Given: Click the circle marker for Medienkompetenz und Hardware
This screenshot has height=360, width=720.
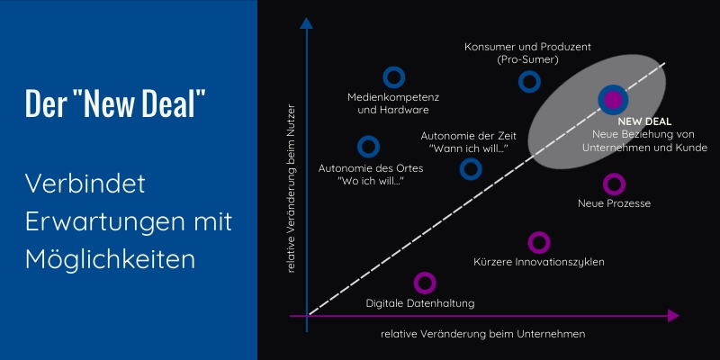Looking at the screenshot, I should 393,78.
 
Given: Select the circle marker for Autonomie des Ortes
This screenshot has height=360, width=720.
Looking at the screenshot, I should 367,147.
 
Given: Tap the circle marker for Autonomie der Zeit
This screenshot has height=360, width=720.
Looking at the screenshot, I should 471,168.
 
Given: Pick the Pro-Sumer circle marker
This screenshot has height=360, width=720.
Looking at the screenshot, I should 529,82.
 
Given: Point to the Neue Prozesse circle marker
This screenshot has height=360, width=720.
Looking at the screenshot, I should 614,184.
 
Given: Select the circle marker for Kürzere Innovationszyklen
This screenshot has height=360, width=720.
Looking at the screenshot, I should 538,242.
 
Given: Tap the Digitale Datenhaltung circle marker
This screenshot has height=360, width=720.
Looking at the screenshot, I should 425,283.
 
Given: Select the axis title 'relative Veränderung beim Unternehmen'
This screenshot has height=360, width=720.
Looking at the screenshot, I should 483,334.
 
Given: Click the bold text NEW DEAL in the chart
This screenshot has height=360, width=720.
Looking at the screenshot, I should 645,121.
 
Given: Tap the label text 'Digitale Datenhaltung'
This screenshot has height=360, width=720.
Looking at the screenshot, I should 420,303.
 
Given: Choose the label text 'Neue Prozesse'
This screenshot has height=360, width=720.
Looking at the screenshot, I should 614,203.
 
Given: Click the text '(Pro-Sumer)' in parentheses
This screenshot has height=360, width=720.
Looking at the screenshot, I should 527,59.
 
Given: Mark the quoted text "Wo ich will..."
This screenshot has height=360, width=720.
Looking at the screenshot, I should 370,181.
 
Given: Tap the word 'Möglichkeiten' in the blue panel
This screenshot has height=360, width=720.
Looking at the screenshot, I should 111,260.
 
